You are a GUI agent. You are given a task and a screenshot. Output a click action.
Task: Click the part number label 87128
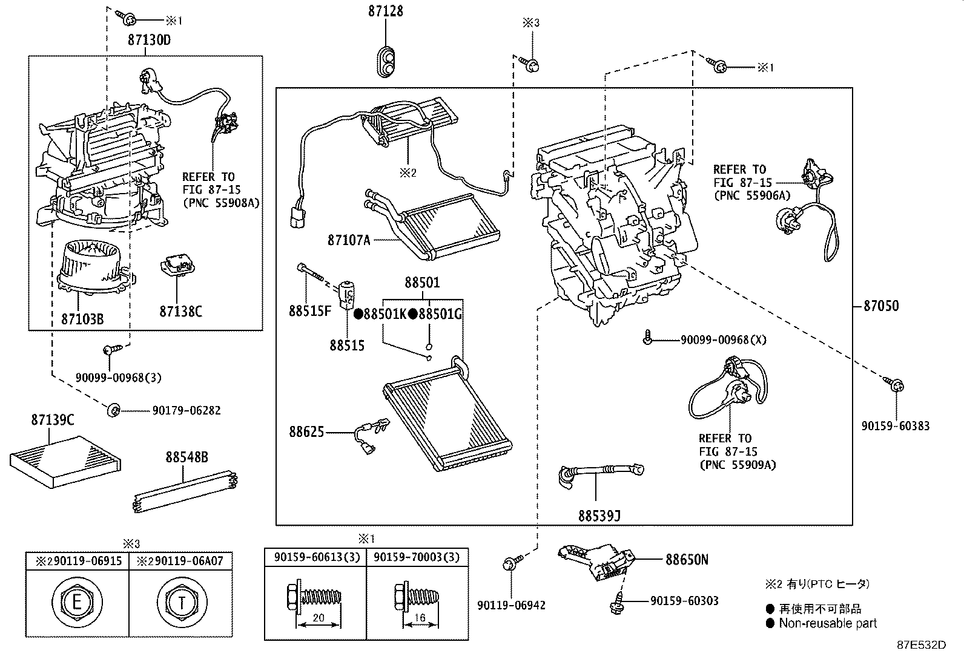386,11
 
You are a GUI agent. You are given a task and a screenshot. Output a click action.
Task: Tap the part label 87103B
82,318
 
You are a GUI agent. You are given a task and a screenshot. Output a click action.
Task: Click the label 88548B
187,457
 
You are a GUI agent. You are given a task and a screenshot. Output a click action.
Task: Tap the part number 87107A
349,240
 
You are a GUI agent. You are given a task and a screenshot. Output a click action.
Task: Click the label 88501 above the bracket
422,283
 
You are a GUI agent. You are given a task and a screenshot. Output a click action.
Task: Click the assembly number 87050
880,306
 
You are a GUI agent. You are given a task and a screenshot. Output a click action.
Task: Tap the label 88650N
687,560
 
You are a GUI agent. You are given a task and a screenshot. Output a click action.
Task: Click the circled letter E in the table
76,602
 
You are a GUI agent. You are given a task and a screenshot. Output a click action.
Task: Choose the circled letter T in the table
181,602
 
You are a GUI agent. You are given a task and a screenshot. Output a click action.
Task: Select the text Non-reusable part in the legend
827,623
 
